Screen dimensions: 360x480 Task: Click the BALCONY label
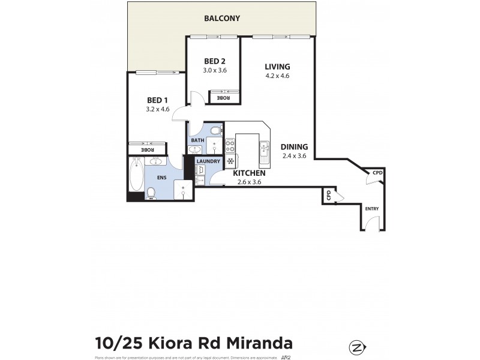click(x=222, y=19)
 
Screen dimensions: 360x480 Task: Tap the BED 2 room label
click(x=214, y=61)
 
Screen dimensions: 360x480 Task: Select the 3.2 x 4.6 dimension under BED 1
click(x=158, y=110)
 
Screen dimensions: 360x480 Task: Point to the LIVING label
click(x=277, y=67)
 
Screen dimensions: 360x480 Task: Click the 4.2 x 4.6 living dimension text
click(x=277, y=76)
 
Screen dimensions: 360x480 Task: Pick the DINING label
click(x=294, y=147)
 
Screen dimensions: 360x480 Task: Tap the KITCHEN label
click(x=249, y=173)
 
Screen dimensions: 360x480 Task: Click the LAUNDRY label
click(x=208, y=161)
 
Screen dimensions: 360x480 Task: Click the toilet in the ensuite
click(x=151, y=192)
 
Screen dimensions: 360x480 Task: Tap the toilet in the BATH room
click(x=215, y=131)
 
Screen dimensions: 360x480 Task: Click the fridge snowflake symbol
click(x=230, y=161)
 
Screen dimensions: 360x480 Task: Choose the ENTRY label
click(x=372, y=208)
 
